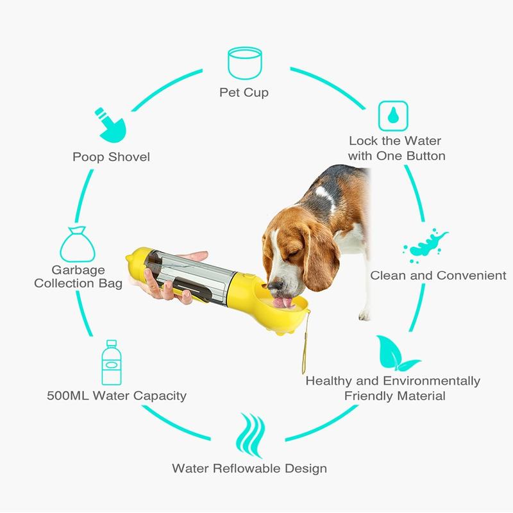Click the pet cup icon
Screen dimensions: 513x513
(245, 63)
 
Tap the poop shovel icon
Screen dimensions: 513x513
(111, 126)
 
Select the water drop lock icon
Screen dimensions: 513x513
(393, 116)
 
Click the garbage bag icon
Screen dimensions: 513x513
(78, 245)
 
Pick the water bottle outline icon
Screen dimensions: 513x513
(112, 362)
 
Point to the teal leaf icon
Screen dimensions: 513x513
(396, 353)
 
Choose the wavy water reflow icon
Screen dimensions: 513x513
(250, 435)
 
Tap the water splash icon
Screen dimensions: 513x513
(425, 246)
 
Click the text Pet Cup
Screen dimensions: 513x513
(244, 92)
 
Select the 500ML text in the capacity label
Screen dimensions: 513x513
(68, 396)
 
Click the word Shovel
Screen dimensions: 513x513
(129, 156)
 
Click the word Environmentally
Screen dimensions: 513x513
(431, 381)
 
